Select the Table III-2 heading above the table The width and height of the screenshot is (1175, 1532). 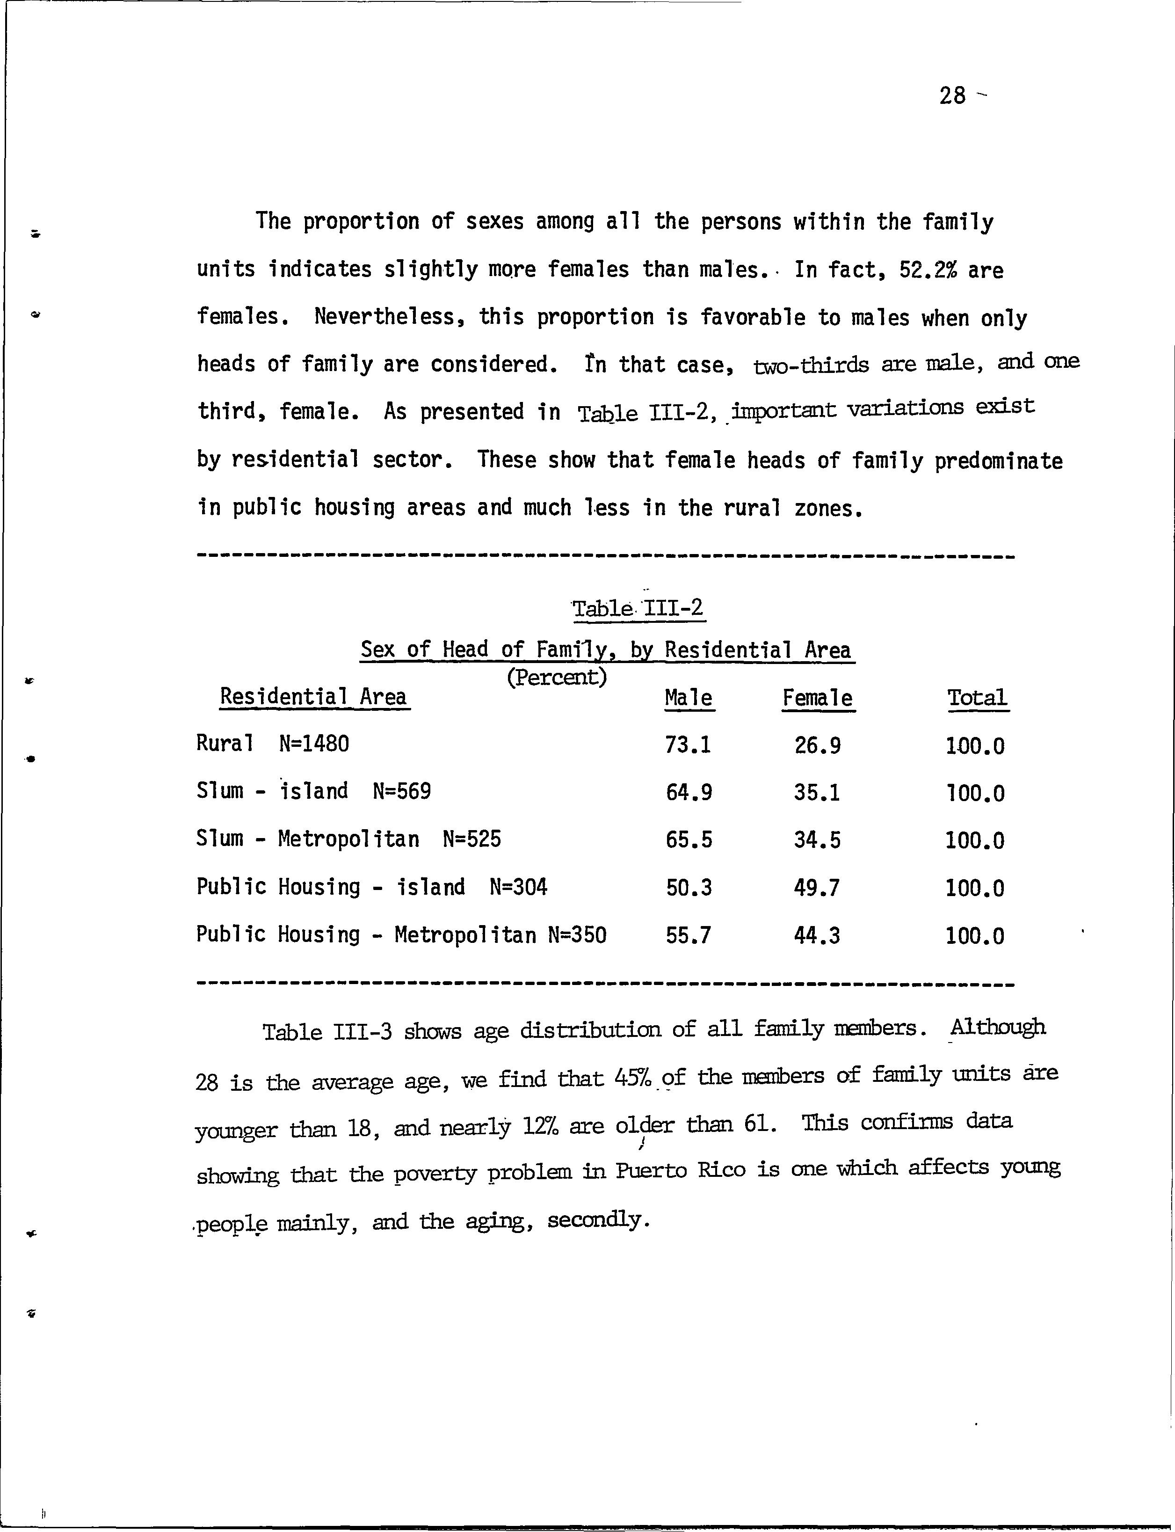point(638,608)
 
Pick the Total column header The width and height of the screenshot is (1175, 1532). point(977,698)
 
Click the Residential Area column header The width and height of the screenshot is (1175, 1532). point(313,697)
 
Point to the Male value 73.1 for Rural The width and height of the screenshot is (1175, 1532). point(688,745)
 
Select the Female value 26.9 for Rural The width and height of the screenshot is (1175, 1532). point(817,745)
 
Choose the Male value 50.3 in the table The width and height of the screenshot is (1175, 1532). point(688,888)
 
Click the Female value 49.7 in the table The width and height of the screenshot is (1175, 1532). point(817,888)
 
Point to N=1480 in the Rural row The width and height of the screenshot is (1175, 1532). point(313,744)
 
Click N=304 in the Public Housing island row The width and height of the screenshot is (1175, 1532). point(518,887)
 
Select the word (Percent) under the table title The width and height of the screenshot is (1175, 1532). point(556,677)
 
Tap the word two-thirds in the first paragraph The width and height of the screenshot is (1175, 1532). point(811,365)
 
